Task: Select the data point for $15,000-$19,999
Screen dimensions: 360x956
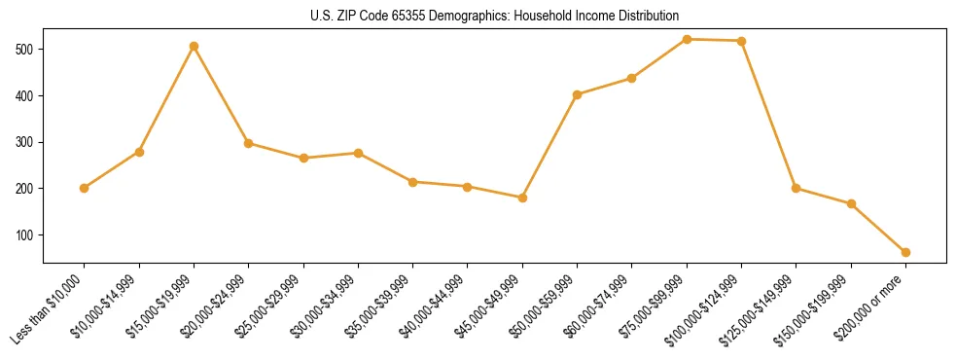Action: pos(194,46)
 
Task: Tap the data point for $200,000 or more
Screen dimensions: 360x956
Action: pos(905,252)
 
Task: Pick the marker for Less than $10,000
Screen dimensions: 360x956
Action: pos(84,188)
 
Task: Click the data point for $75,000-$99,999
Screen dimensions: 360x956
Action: pos(687,39)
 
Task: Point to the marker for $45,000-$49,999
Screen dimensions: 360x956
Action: pos(522,198)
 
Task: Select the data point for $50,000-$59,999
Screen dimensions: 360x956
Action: pos(577,94)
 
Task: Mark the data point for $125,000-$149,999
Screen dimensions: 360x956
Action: pos(796,188)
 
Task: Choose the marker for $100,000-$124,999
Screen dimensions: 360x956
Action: pos(741,41)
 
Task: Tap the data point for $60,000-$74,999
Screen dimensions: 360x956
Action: pos(631,78)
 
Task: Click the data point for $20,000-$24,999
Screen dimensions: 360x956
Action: pos(248,143)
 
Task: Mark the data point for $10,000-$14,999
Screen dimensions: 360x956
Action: pos(139,152)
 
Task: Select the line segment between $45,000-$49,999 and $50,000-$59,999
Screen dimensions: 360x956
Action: pos(549,146)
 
